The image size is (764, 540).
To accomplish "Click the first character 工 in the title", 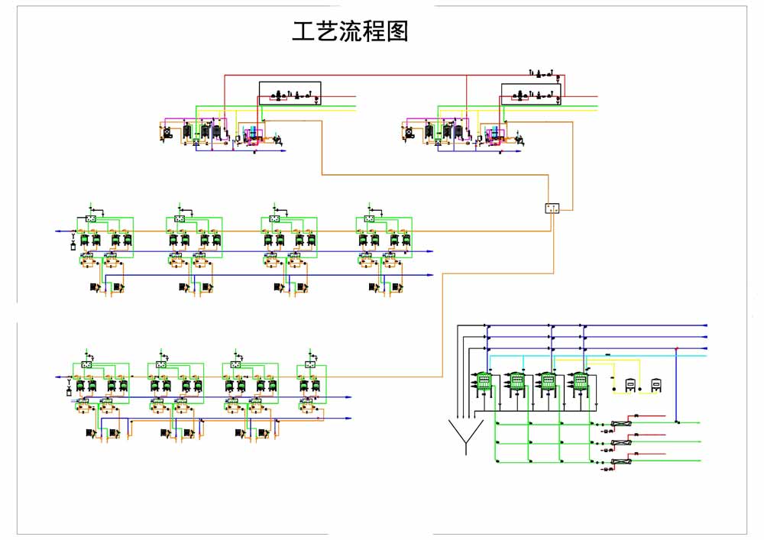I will pos(304,31).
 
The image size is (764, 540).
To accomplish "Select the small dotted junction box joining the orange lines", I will pos(553,208).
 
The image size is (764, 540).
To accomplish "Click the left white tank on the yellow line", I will pos(632,386).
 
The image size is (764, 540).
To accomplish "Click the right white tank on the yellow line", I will pos(656,386).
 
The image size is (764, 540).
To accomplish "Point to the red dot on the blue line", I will pos(677,348).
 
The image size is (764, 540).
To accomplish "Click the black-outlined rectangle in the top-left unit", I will pos(290,93).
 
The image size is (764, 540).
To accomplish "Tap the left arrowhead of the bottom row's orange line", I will pos(57,377).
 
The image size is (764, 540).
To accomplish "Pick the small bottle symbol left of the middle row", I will pos(73,246).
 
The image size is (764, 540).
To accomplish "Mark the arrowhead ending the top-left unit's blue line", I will pos(284,151).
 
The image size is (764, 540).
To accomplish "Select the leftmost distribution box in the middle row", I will pos(90,219).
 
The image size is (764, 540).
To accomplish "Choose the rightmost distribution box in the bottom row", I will pos(310,365).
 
